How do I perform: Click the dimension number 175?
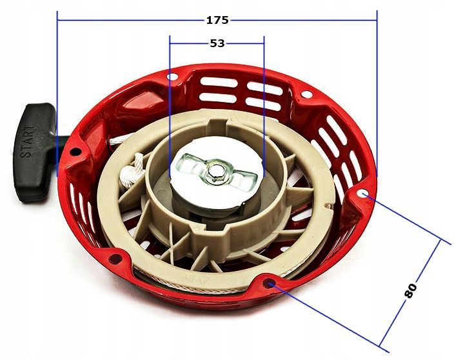pos(217,20)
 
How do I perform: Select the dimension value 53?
pos(217,44)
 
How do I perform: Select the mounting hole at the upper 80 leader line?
pos(364,193)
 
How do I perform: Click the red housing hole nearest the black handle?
pos(76,153)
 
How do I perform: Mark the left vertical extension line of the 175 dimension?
pos(57,97)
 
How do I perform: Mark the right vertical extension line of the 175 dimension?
pos(377,97)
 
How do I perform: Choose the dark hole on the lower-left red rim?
pos(117,258)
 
